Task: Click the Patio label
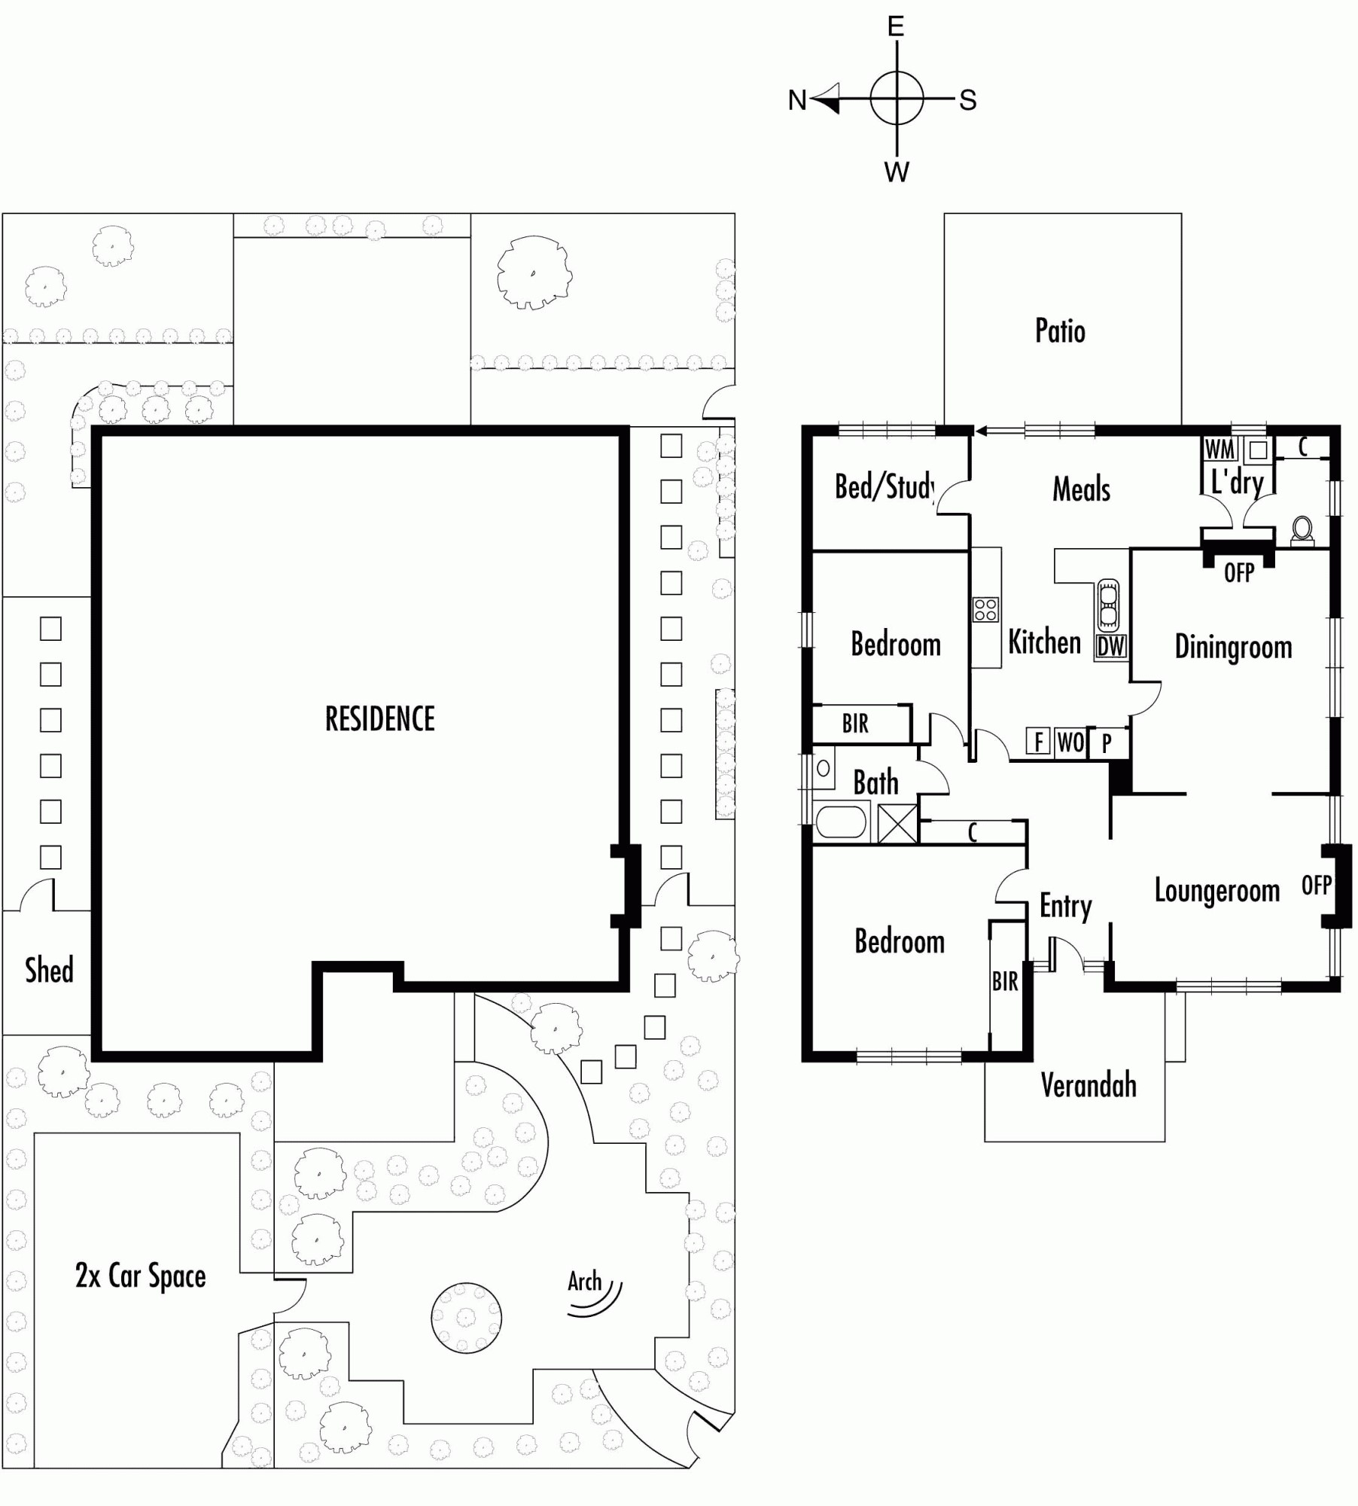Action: pos(1060,331)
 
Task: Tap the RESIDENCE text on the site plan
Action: pos(379,719)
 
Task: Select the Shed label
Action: pos(49,970)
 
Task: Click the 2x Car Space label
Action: pos(140,1277)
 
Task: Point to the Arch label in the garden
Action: pos(584,1281)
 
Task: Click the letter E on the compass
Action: pos(896,27)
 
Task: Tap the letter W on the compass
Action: pos(897,172)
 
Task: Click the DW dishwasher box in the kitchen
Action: pos(1111,646)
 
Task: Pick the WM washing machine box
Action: pos(1219,450)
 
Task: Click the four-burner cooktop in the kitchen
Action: pos(985,609)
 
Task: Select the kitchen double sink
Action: pos(1108,605)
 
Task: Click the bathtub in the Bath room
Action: pos(842,822)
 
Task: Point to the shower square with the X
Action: pos(898,824)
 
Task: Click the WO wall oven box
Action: pos(1071,742)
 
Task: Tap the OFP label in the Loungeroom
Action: pos(1316,886)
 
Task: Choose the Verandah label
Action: pos(1089,1085)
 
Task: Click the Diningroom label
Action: pos(1233,648)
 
